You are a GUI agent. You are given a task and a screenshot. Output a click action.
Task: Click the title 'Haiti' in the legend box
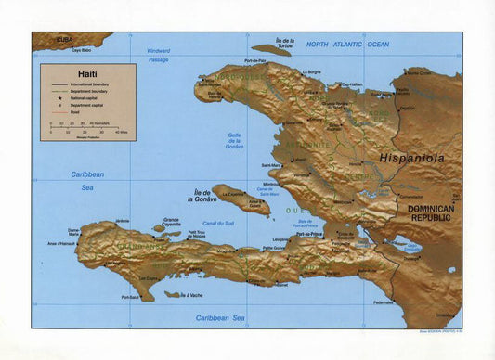[x=61, y=73]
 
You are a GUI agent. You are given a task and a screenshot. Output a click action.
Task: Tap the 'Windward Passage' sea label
[x=159, y=55]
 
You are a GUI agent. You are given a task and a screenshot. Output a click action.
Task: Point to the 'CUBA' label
[x=64, y=40]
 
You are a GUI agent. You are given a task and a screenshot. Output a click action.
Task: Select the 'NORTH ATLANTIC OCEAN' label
[x=348, y=45]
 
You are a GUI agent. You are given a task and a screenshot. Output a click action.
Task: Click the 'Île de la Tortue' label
[x=285, y=43]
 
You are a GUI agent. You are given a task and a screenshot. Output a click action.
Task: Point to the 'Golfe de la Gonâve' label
[x=235, y=140]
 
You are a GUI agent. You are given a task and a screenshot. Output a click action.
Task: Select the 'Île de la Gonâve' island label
[x=202, y=195]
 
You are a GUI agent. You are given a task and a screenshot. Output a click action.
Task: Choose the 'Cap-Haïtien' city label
[x=349, y=84]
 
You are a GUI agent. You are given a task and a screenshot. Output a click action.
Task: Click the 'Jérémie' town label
[x=123, y=221]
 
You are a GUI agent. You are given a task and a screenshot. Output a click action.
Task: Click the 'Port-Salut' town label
[x=131, y=297]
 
